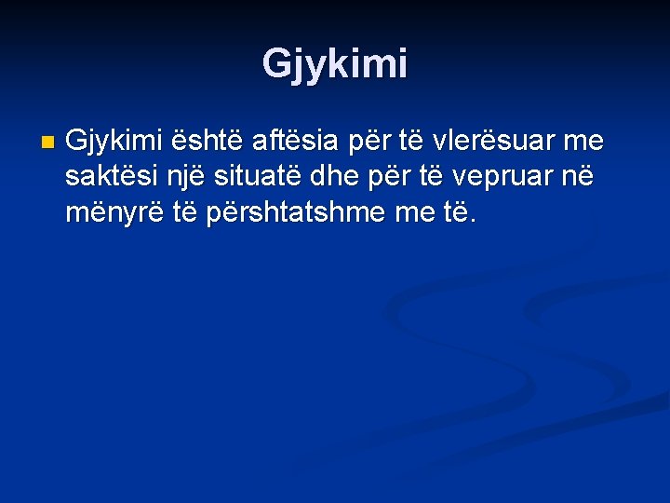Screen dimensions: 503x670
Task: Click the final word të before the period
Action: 458,214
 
